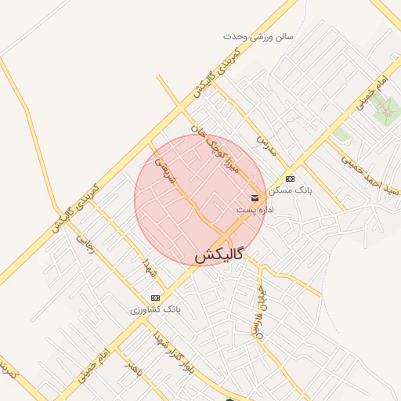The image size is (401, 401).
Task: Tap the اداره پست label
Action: coord(258,210)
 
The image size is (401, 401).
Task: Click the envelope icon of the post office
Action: coord(255,197)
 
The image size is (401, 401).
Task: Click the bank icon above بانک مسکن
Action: coord(291,179)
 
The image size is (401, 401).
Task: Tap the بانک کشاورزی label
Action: coord(155,310)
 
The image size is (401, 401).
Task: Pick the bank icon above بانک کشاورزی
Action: coord(155,298)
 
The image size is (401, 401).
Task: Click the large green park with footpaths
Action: coord(385,111)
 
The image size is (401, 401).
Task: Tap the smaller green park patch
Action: coord(341,135)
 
